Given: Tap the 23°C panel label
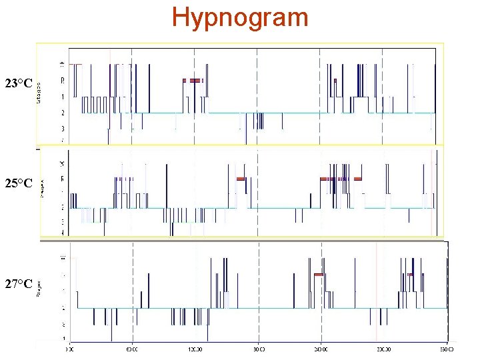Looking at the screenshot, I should pyautogui.click(x=19, y=83).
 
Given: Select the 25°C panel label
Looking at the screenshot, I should pyautogui.click(x=19, y=183).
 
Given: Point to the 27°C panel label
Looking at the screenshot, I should pyautogui.click(x=19, y=284).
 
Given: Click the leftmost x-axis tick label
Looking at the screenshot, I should pyautogui.click(x=69, y=348).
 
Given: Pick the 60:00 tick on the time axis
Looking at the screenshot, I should pyautogui.click(x=132, y=348).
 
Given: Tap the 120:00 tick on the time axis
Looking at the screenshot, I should pyautogui.click(x=195, y=348).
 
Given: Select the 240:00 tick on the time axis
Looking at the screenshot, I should pyautogui.click(x=321, y=348).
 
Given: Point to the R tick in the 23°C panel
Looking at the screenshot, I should pyautogui.click(x=63, y=81).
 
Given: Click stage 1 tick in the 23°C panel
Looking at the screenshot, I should pyautogui.click(x=63, y=97).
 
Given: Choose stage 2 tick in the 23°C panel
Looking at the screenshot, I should pyautogui.click(x=63, y=113).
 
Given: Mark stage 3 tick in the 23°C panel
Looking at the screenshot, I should pyautogui.click(x=63, y=129).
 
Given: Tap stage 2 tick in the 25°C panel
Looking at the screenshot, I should pyautogui.click(x=63, y=207).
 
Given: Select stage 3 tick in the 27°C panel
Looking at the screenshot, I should pyautogui.click(x=63, y=325).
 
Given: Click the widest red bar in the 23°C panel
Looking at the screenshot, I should pyautogui.click(x=192, y=81).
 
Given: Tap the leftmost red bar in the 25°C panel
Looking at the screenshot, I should pyautogui.click(x=241, y=179).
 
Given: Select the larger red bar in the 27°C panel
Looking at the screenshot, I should pyautogui.click(x=318, y=274).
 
